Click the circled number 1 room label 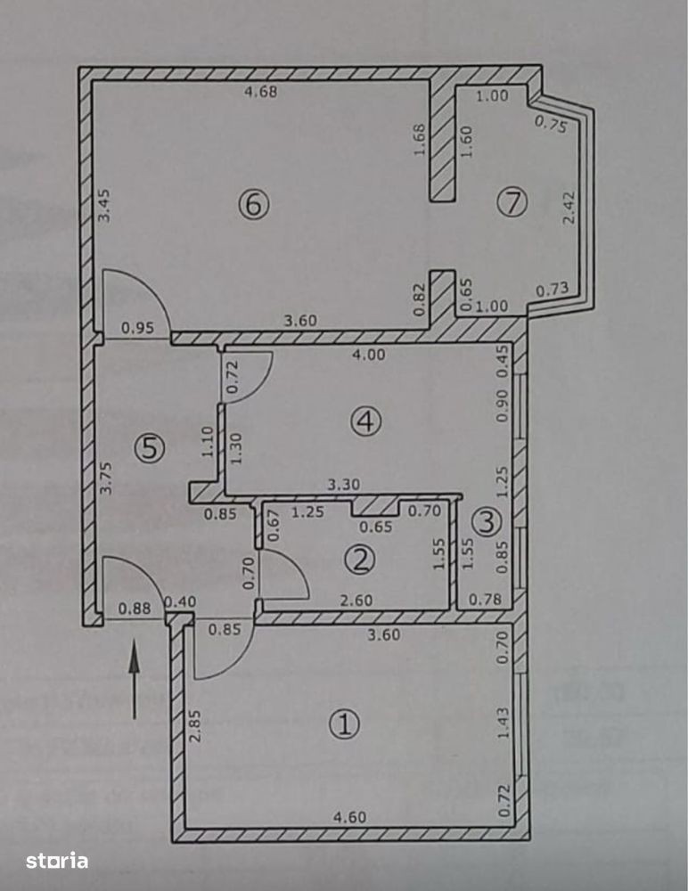click(x=344, y=724)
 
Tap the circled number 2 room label click(x=360, y=560)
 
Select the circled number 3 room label click(x=487, y=523)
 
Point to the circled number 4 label click(x=365, y=421)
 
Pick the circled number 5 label click(x=150, y=449)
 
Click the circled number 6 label click(x=254, y=205)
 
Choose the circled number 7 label click(x=512, y=201)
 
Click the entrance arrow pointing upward click(x=135, y=679)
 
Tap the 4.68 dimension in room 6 click(x=260, y=91)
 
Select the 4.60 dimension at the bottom click(x=349, y=817)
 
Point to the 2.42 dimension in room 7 click(x=569, y=208)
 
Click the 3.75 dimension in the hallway click(x=106, y=478)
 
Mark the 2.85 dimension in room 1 click(x=195, y=724)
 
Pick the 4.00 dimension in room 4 click(x=368, y=355)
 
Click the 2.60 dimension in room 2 click(x=356, y=600)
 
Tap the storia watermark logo click(x=57, y=861)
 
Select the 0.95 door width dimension click(x=137, y=328)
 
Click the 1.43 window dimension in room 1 click(x=503, y=723)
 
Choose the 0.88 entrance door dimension click(x=135, y=609)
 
